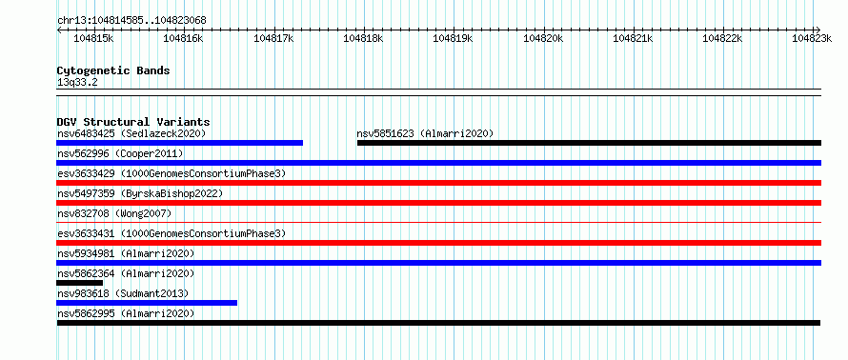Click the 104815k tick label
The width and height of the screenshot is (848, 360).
tap(93, 38)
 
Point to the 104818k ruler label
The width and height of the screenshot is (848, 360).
tap(363, 38)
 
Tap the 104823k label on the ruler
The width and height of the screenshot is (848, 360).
tap(812, 38)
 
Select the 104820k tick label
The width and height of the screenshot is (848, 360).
tap(542, 38)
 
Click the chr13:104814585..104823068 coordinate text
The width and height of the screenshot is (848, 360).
tap(131, 21)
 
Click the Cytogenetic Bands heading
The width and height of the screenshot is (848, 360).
tap(113, 70)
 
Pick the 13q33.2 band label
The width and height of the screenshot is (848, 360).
tap(77, 83)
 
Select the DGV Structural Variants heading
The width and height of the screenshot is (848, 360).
tap(133, 122)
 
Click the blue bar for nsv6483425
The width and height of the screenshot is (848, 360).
tap(179, 143)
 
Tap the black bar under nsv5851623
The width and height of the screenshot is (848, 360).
tap(589, 143)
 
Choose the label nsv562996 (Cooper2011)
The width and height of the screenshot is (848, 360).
tap(120, 154)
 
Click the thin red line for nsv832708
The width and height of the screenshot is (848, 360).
tap(438, 222)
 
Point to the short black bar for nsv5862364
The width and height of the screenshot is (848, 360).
tap(79, 283)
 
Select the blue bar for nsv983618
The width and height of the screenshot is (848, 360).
tap(147, 303)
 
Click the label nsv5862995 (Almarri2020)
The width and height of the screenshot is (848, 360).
tap(126, 313)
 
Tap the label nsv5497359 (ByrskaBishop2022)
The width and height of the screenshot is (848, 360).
tap(139, 193)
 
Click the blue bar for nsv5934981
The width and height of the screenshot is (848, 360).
tap(438, 263)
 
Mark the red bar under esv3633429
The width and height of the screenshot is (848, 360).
tap(438, 183)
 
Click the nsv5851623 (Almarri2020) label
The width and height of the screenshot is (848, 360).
tap(425, 133)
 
